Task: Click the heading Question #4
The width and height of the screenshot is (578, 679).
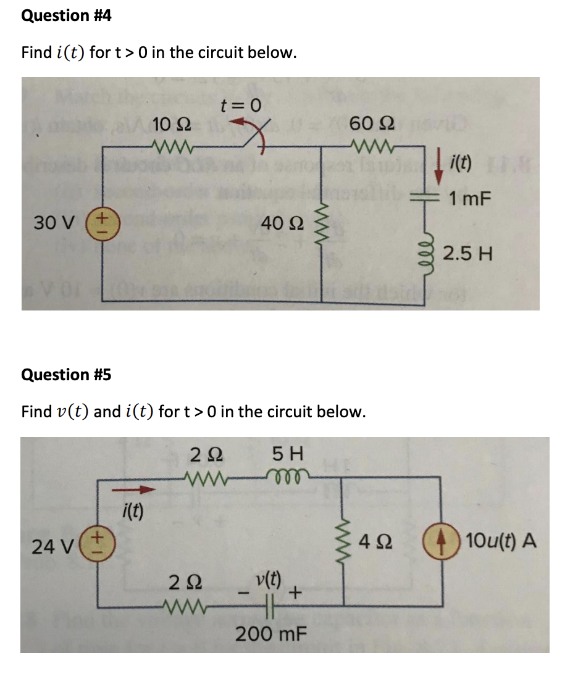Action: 66,15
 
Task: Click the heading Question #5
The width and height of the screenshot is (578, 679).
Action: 66,375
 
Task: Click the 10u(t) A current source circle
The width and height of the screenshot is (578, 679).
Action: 439,543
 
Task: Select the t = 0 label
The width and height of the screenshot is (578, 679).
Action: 241,106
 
